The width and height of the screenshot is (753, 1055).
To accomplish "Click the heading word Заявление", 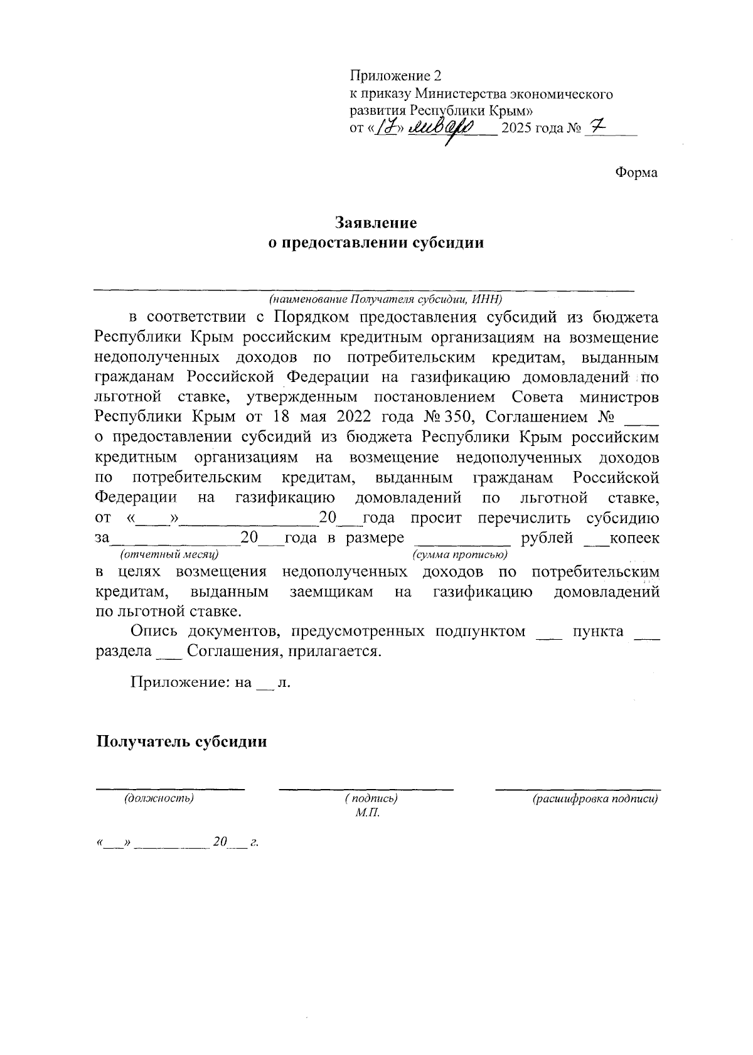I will (x=376, y=223).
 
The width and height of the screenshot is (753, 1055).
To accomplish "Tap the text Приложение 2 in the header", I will (x=395, y=77).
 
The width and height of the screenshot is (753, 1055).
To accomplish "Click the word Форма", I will (x=636, y=172).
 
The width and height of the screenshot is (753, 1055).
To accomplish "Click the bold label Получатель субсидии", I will (x=181, y=741).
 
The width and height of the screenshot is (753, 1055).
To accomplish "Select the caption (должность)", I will (x=159, y=798).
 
